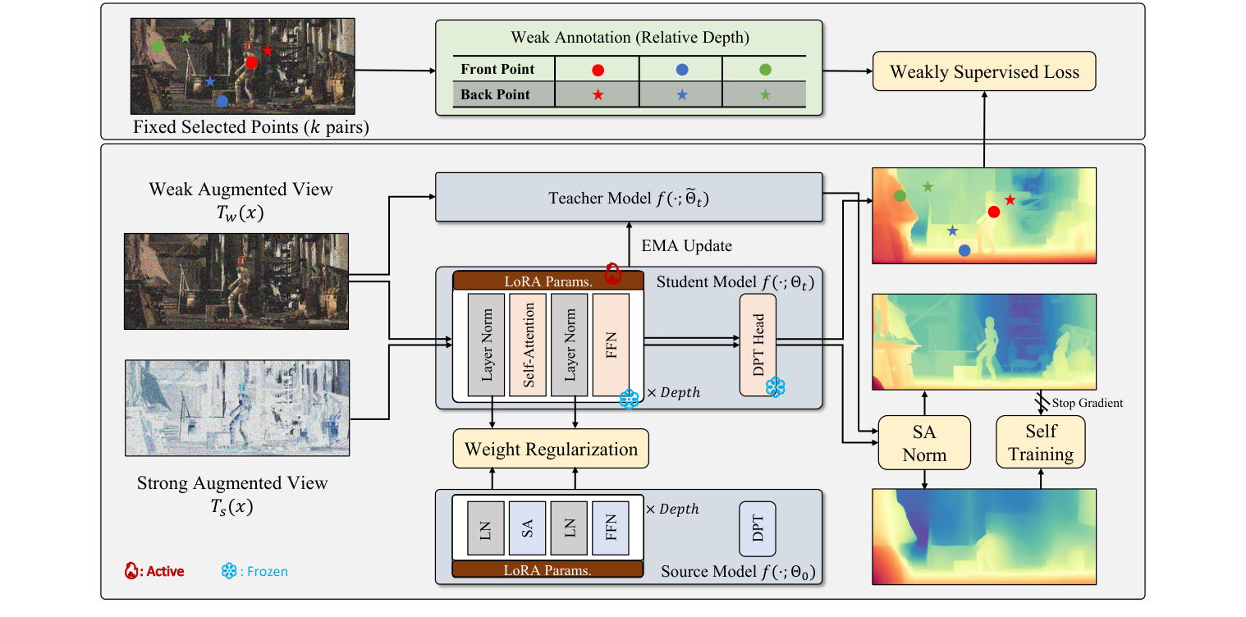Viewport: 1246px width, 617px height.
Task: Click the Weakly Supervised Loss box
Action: pos(984,71)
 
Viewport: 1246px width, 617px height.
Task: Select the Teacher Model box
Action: pos(628,197)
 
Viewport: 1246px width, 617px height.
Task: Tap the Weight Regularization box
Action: pos(551,449)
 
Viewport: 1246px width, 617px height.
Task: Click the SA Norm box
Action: pos(924,442)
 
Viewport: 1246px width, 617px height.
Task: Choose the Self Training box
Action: pos(1040,442)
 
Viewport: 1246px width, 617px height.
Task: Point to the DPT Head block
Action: pos(758,345)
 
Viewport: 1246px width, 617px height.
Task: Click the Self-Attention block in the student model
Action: pos(528,344)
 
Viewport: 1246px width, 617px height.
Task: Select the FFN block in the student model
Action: pos(611,344)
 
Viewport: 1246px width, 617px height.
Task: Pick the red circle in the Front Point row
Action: pos(598,70)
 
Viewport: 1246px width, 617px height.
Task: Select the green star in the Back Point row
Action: pos(765,95)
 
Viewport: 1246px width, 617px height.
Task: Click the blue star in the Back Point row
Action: pos(681,95)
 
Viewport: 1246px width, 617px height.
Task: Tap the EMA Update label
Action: pos(685,245)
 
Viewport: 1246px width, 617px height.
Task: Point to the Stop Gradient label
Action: pos(1087,403)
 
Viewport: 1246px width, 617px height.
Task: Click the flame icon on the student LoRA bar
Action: pos(612,274)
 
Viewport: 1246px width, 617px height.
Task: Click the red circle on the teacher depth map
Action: pos(993,212)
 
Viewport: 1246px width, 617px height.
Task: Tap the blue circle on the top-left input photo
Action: pos(221,101)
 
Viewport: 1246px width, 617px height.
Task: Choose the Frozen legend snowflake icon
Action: pos(229,570)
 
